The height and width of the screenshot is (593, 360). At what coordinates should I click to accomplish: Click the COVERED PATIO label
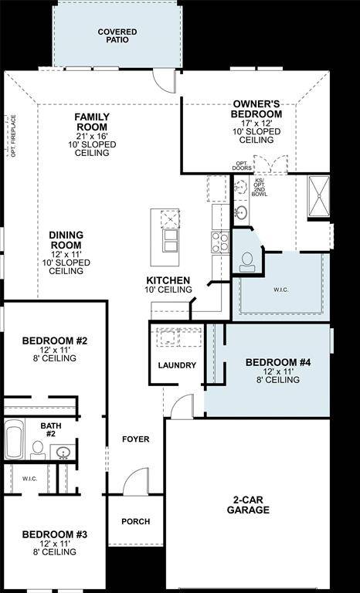(x=117, y=36)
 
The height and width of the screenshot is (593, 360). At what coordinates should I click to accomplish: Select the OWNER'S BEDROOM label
(x=256, y=109)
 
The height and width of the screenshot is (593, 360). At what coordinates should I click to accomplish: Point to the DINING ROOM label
(x=66, y=240)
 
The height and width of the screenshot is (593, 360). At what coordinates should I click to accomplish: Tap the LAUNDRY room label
(x=177, y=365)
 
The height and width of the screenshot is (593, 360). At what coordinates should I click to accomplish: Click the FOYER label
(x=135, y=439)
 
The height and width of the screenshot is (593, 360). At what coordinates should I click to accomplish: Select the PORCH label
(x=135, y=521)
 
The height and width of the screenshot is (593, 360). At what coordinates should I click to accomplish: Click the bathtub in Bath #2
(x=14, y=439)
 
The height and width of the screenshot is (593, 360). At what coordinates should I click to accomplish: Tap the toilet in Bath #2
(x=36, y=448)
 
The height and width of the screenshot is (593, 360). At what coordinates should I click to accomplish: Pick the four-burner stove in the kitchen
(x=219, y=242)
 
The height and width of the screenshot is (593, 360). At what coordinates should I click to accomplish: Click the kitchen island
(x=169, y=232)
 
